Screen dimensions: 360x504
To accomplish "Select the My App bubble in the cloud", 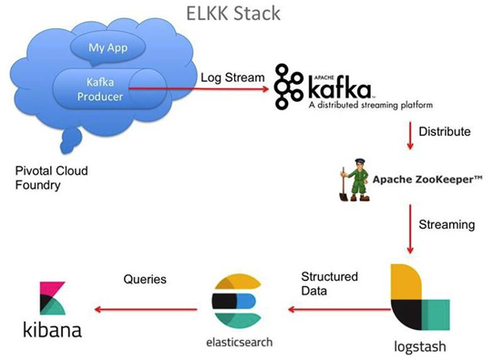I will [x=108, y=47].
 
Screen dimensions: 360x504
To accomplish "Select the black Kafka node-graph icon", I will [x=292, y=84].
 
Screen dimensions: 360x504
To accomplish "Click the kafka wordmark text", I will [x=341, y=87].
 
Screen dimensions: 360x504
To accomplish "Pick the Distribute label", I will [x=445, y=132].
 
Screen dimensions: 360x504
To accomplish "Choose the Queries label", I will [x=144, y=279].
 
